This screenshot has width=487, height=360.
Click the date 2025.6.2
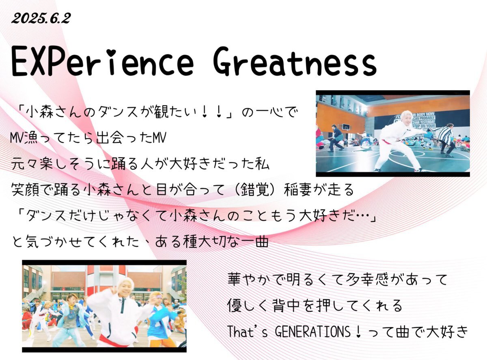41,18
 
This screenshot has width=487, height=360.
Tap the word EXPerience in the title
102,62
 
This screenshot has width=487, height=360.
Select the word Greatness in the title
295,62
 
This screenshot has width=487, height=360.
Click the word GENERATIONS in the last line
312,332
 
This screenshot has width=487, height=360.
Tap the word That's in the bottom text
247,332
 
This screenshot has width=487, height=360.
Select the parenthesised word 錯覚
255,190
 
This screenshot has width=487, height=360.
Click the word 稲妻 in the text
297,190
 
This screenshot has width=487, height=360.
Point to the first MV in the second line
17,138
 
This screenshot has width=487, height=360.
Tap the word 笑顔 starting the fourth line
25,190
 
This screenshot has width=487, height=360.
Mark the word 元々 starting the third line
25,164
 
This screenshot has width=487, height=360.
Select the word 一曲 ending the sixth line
255,241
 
